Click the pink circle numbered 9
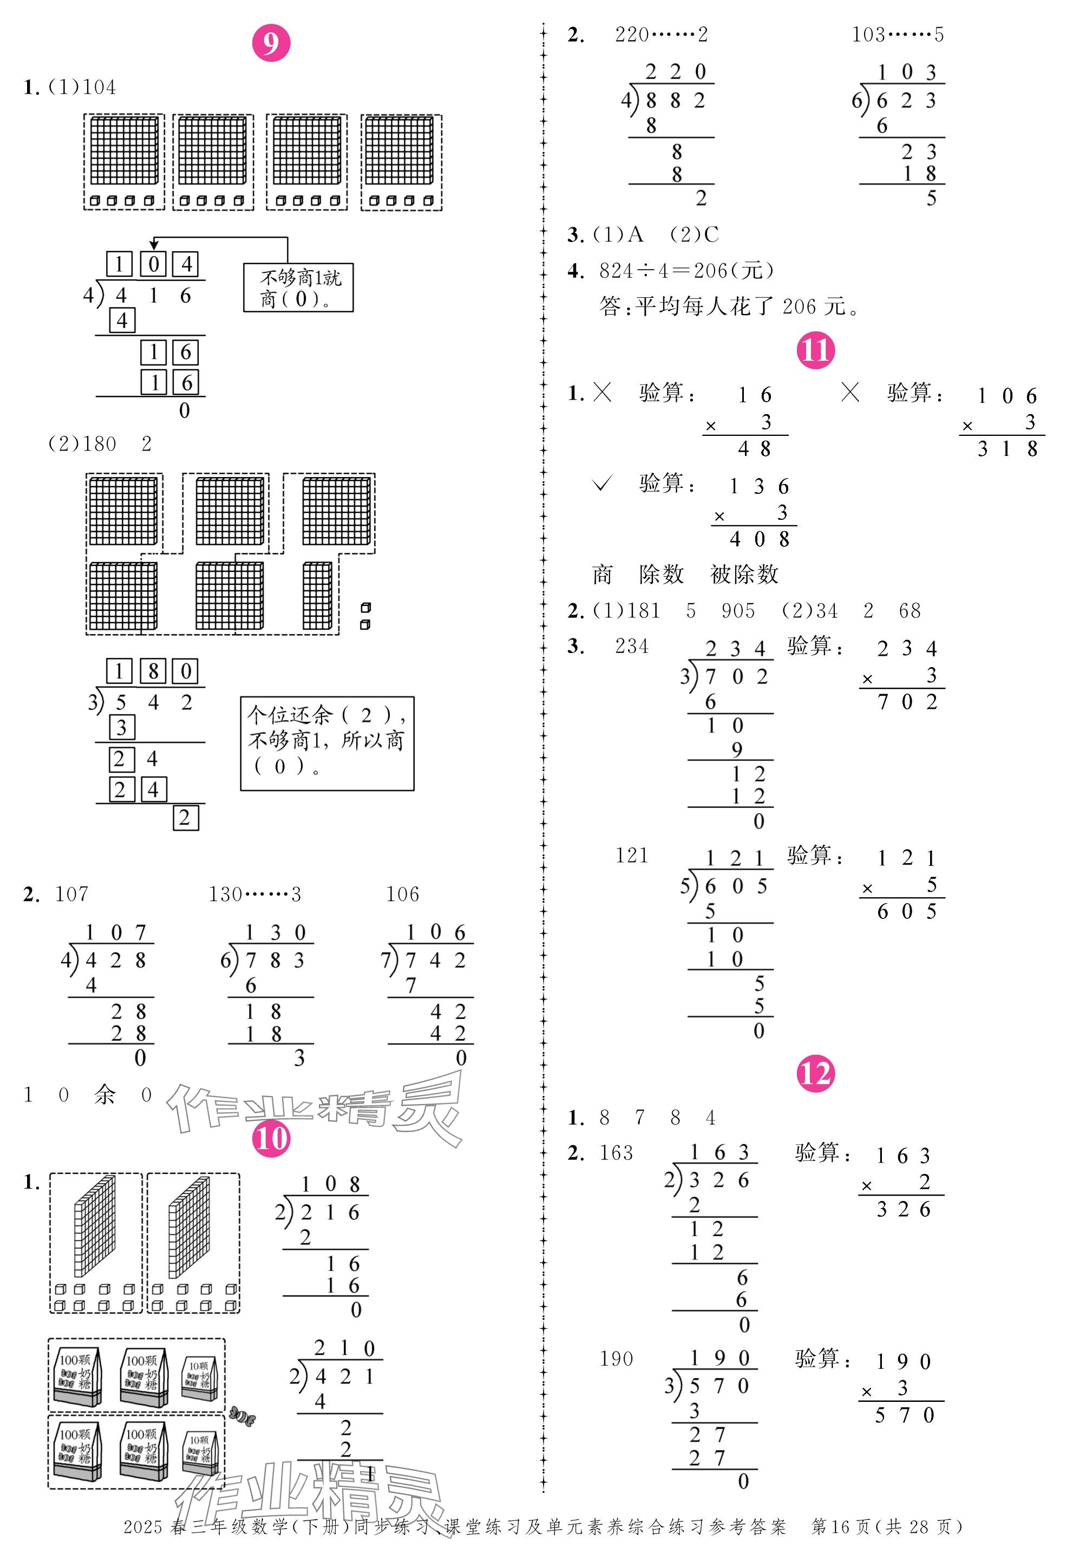271,43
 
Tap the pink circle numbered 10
271,1139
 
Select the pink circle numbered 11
814,350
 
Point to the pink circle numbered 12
814,1074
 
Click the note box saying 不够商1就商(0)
298,288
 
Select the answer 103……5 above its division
897,35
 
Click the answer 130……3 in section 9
254,894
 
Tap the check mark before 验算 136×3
602,483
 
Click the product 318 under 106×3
1007,449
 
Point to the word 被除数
744,575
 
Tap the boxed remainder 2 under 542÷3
185,818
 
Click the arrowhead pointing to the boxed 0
154,245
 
